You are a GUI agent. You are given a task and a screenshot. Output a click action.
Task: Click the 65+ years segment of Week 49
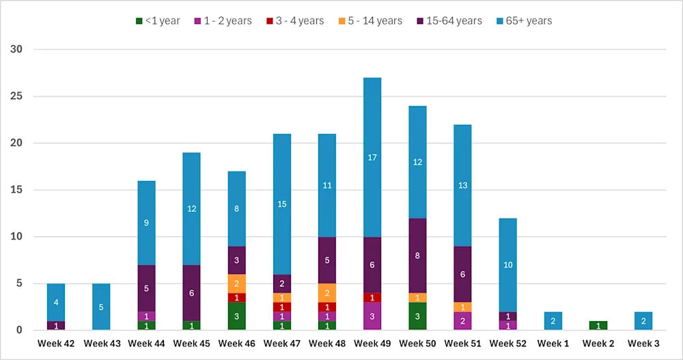[372, 158]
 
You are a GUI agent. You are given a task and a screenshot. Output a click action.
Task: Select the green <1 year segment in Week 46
[237, 316]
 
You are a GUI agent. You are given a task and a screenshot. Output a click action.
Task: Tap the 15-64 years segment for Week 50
[417, 255]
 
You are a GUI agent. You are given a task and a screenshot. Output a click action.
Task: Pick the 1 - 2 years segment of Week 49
[372, 316]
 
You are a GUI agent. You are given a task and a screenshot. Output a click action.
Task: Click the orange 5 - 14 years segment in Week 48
[327, 292]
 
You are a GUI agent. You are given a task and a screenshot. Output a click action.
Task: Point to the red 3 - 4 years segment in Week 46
[237, 297]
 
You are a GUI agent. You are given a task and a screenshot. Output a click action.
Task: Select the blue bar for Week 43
[101, 307]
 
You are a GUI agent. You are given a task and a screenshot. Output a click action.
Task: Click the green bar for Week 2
[598, 326]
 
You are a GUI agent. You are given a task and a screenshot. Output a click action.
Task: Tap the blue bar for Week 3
[643, 321]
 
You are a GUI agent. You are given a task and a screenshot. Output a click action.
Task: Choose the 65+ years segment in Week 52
[508, 265]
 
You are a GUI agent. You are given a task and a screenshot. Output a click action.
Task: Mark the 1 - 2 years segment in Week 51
[463, 321]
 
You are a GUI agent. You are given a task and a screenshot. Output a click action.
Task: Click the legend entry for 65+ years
[524, 20]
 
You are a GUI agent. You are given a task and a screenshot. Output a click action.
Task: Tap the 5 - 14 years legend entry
[372, 20]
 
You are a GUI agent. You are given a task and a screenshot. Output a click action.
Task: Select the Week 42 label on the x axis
[56, 343]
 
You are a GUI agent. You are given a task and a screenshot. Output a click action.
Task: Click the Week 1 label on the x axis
[553, 343]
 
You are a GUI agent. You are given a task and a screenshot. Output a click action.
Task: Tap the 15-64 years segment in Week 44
[146, 288]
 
